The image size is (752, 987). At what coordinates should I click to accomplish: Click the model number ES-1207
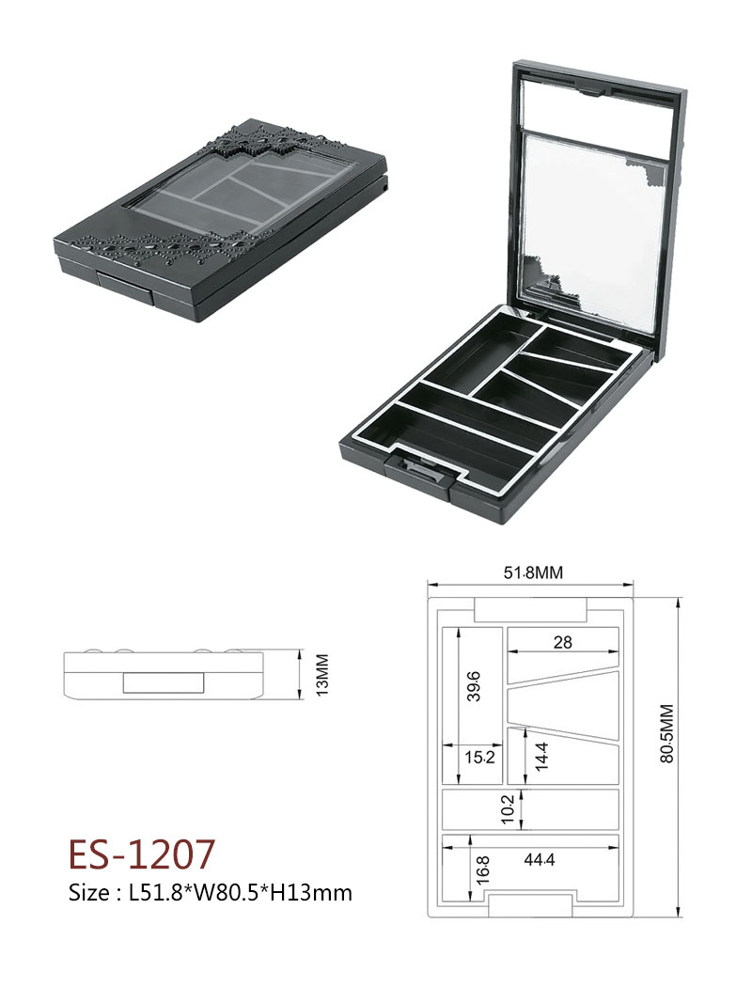pyautogui.click(x=141, y=854)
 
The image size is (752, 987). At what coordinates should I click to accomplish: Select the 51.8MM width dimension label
pyautogui.click(x=532, y=572)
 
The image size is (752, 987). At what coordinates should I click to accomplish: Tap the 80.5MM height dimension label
pyautogui.click(x=667, y=733)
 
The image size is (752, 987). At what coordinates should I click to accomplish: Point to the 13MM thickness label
pyautogui.click(x=322, y=675)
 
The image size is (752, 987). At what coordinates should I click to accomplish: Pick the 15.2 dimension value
pyautogui.click(x=480, y=756)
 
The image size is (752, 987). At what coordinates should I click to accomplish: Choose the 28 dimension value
pyautogui.click(x=562, y=641)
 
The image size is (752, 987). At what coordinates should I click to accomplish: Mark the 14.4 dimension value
pyautogui.click(x=541, y=756)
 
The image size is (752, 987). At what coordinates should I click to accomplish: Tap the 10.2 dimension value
pyautogui.click(x=509, y=808)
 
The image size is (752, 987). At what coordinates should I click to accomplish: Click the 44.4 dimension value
pyautogui.click(x=540, y=859)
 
